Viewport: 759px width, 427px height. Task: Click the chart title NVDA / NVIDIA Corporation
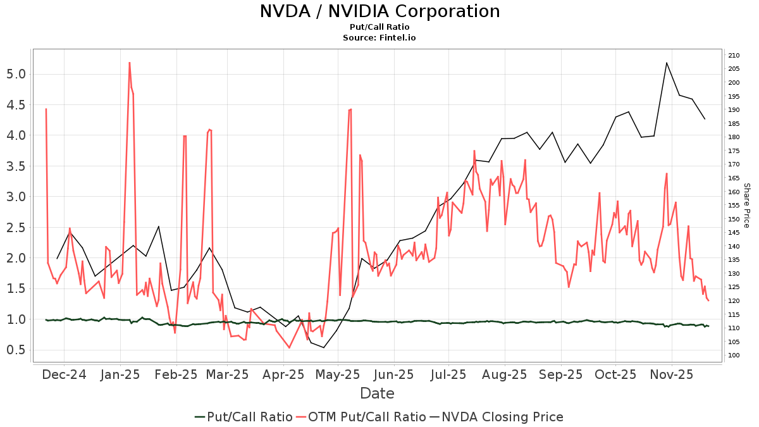379,11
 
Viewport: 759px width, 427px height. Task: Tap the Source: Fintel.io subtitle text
379,37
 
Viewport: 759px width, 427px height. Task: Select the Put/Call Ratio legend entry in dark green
244,417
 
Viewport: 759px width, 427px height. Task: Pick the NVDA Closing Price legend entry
497,417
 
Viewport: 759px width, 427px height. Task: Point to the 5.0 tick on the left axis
17,74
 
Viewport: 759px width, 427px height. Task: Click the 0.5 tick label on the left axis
17,350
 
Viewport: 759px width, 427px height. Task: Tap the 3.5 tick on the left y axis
17,166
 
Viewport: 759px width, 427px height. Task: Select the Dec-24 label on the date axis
64,374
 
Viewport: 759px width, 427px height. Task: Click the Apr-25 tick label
283,374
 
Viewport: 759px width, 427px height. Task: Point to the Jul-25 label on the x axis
449,374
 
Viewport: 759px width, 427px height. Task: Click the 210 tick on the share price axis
734,56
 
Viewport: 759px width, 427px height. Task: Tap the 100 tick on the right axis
734,356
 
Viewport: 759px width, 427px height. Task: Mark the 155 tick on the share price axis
734,206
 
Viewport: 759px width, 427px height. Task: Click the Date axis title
377,393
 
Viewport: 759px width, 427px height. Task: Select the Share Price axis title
746,206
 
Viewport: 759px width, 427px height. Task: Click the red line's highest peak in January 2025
129,63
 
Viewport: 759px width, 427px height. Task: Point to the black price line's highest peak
667,63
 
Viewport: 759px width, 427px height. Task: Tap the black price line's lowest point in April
324,347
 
